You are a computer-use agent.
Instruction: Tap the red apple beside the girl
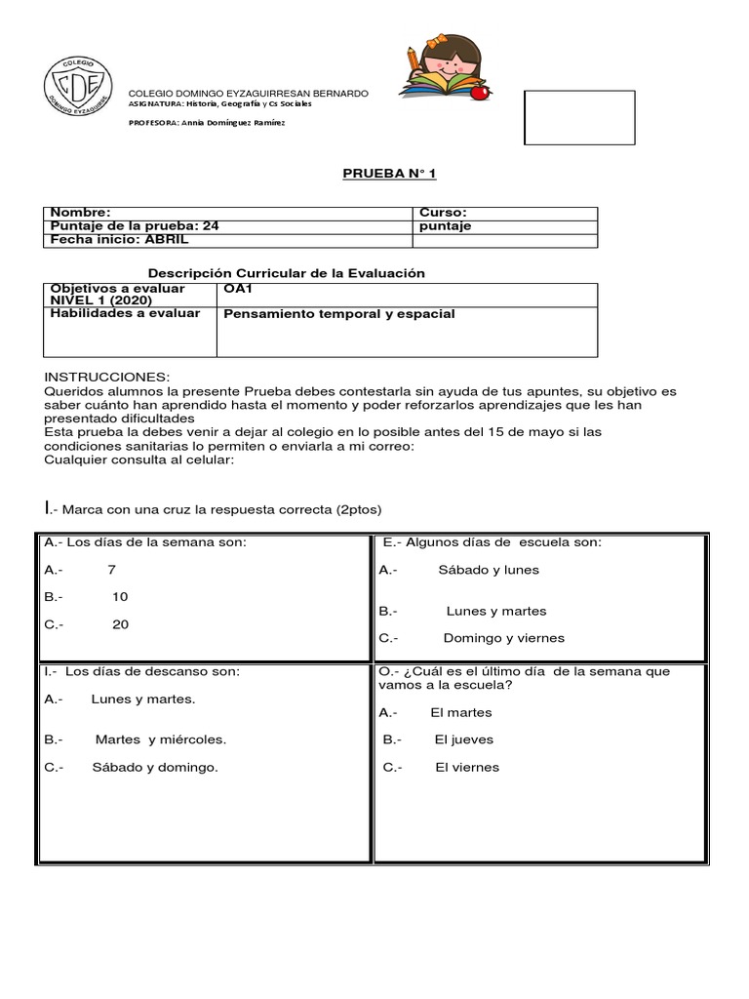[479, 93]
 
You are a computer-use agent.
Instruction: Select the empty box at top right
[579, 118]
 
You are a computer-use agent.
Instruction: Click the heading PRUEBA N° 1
[389, 174]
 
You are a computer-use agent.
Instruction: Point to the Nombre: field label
[81, 213]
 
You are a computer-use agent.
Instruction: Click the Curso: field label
[443, 213]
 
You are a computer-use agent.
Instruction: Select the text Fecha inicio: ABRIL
[119, 239]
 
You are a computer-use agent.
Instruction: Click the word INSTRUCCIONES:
[107, 377]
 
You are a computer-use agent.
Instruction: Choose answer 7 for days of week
[112, 569]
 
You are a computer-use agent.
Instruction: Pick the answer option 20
[120, 624]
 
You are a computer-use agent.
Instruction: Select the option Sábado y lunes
[489, 570]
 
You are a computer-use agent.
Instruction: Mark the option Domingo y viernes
[503, 638]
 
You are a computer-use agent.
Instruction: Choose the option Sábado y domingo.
[155, 767]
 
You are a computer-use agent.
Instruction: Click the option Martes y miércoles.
[161, 739]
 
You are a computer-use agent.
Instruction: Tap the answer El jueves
[464, 739]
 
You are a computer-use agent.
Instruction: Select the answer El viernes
[467, 767]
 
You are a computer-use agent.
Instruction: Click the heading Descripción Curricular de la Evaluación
[286, 273]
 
